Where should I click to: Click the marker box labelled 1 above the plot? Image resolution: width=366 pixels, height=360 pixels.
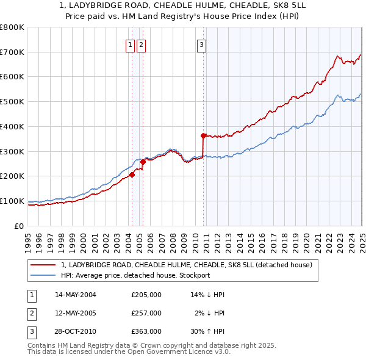click(131, 44)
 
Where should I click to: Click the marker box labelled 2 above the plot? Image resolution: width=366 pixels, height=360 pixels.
click(141, 44)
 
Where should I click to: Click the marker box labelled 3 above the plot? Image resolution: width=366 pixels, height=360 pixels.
click(201, 44)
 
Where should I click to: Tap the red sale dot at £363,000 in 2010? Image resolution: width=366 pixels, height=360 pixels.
click(203, 135)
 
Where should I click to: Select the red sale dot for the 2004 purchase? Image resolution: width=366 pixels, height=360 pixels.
click(132, 175)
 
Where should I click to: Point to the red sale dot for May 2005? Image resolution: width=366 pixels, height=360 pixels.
click(143, 162)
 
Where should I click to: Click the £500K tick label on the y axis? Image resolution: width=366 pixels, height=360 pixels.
click(12, 102)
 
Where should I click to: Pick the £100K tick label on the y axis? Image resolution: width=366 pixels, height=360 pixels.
click(12, 201)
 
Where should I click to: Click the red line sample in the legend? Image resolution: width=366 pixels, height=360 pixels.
click(43, 265)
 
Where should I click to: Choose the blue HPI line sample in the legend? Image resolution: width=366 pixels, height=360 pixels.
click(43, 275)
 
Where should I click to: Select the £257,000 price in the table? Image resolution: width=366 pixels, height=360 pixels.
click(146, 313)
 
